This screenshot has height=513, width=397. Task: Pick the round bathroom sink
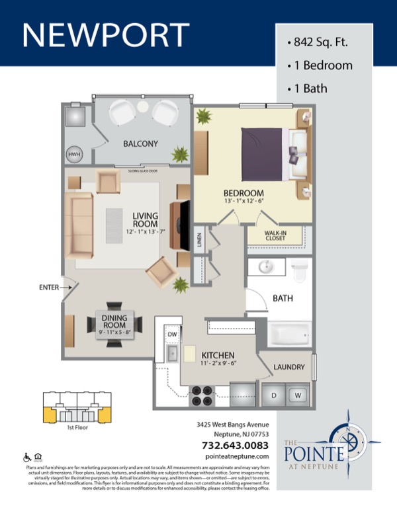click(x=266, y=268)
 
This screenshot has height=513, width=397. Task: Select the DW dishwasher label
click(x=173, y=335)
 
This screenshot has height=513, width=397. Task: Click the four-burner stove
click(x=200, y=395)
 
